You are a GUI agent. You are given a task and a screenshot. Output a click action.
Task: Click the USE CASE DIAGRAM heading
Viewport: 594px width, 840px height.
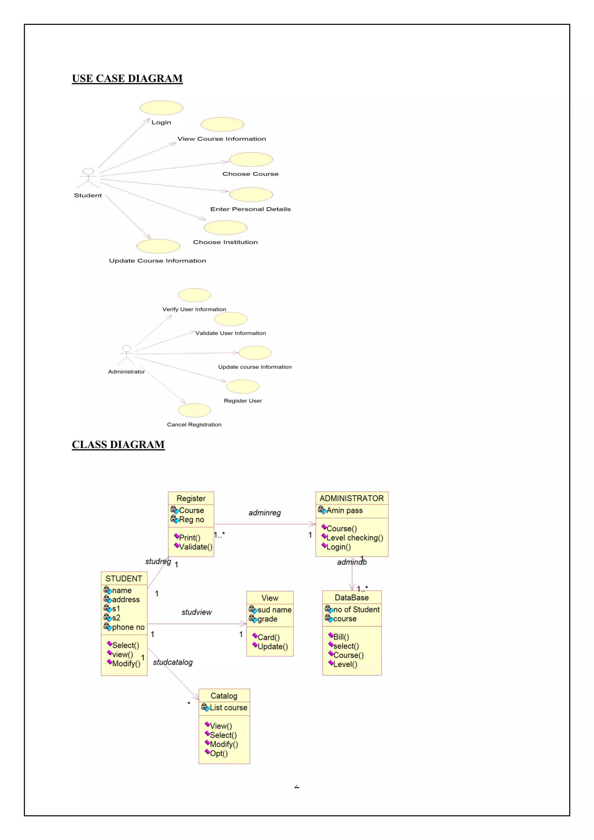[x=127, y=79]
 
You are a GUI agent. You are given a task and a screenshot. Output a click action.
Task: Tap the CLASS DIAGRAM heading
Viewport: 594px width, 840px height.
[x=118, y=445]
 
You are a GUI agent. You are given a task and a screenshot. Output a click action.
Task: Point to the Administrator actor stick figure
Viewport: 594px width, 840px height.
[x=126, y=355]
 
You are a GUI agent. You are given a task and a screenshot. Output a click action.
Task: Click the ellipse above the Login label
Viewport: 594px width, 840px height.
[x=161, y=108]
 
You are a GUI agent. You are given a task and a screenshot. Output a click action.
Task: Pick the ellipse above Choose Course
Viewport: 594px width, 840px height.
[x=251, y=160]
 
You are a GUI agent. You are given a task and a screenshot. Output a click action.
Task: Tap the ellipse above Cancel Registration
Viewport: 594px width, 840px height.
[x=194, y=410]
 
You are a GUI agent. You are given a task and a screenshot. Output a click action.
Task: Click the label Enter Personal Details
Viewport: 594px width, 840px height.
[x=250, y=209]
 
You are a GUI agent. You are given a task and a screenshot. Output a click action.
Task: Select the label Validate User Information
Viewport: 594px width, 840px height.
[x=230, y=333]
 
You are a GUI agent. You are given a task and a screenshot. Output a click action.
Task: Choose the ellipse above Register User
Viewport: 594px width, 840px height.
[x=243, y=386]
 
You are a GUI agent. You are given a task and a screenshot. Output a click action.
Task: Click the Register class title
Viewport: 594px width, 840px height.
[x=191, y=498]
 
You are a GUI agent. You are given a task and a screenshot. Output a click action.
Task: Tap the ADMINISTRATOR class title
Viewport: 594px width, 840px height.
[x=352, y=498]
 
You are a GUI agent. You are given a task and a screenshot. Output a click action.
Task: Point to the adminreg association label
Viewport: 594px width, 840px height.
[x=265, y=513]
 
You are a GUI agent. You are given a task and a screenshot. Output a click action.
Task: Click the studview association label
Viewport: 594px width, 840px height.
[x=196, y=612]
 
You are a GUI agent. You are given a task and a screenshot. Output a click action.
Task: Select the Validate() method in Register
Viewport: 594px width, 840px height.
[x=195, y=547]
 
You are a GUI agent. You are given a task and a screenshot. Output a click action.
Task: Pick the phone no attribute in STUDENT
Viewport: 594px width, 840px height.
[x=128, y=627]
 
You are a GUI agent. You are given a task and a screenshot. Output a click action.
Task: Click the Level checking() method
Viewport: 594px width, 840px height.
[x=354, y=538]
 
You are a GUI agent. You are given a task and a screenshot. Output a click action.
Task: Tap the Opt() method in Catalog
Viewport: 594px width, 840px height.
[x=218, y=753]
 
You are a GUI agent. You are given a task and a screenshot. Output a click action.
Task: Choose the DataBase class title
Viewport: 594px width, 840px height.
[x=352, y=598]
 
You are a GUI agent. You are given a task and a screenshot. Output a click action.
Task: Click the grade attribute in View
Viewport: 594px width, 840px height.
[x=267, y=619]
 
